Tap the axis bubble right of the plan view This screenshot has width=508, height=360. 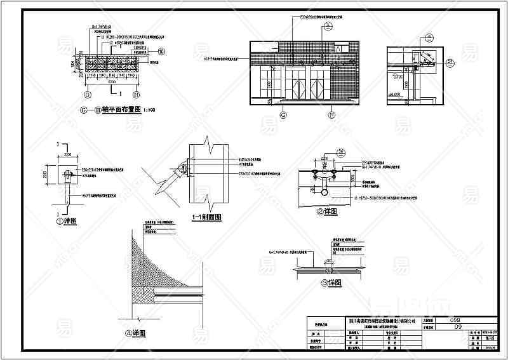tap(161, 51)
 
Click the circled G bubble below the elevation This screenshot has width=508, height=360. tap(283, 115)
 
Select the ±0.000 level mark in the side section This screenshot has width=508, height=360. tap(394, 95)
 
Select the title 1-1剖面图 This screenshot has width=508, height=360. tap(206, 218)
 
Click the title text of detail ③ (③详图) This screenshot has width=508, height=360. tap(330, 282)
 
